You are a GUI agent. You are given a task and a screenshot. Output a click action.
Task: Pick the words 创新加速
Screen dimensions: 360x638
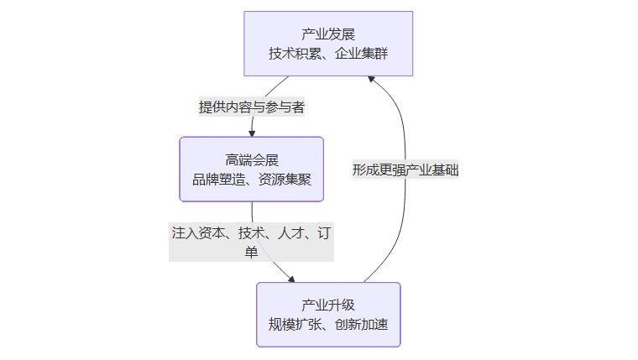tap(363, 325)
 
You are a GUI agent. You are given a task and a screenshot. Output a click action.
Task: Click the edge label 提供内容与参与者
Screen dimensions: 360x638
tap(251, 107)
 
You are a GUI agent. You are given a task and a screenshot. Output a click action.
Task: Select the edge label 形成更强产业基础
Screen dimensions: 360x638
tap(405, 170)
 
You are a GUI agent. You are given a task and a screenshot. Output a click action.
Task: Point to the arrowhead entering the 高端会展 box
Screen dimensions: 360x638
tap(252, 133)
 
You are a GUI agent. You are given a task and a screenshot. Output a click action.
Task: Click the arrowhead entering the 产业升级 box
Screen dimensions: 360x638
tap(291, 279)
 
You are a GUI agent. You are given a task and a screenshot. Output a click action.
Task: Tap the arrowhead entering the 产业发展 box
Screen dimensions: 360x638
tap(371, 77)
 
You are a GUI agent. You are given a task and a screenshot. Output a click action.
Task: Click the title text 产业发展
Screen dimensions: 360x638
tap(328, 34)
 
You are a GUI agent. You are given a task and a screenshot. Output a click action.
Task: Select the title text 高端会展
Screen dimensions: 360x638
tap(251, 159)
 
